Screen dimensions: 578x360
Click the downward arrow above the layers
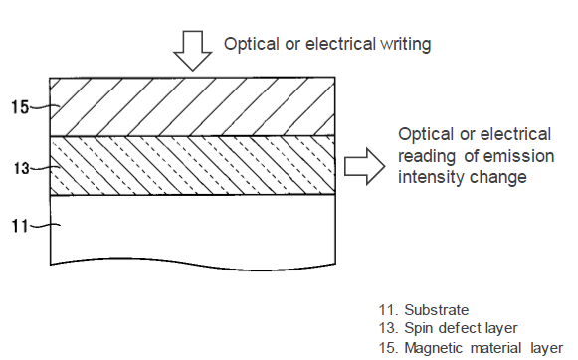(x=192, y=50)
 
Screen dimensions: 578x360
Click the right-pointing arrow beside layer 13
(x=364, y=166)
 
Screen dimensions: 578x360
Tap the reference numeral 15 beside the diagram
(x=20, y=107)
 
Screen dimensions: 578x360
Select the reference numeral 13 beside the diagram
(x=21, y=169)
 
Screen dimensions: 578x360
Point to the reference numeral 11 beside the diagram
(x=20, y=226)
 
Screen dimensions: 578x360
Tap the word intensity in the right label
(x=430, y=177)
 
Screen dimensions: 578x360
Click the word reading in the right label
(x=427, y=157)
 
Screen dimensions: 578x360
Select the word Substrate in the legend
(x=437, y=310)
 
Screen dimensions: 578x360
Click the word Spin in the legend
(x=419, y=328)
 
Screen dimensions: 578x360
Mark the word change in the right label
(x=497, y=178)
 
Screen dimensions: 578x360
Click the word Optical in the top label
(x=252, y=44)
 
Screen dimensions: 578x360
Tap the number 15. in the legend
(x=389, y=348)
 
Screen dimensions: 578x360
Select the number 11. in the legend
(x=389, y=310)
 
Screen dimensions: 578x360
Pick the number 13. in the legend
(x=389, y=328)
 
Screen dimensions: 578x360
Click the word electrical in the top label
(x=340, y=44)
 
